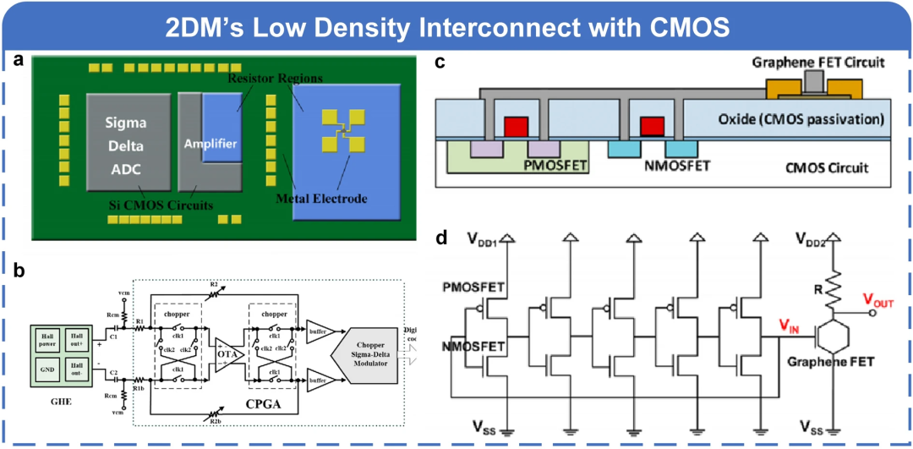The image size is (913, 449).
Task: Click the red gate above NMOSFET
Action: (x=651, y=126)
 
